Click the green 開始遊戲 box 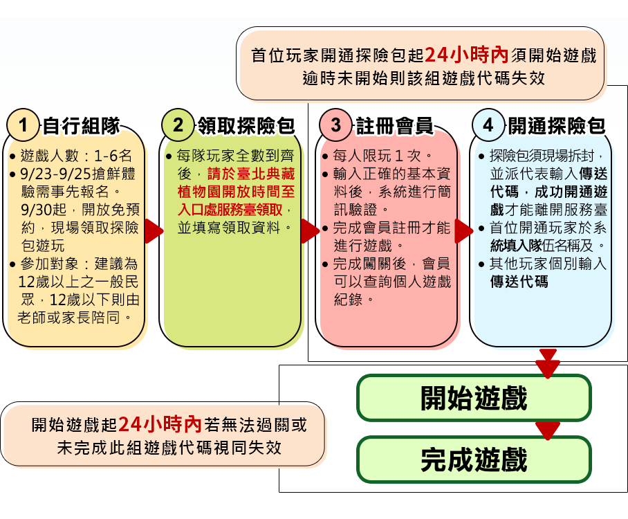point(474,399)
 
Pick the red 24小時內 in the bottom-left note point(160,424)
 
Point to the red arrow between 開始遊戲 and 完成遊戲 point(548,429)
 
